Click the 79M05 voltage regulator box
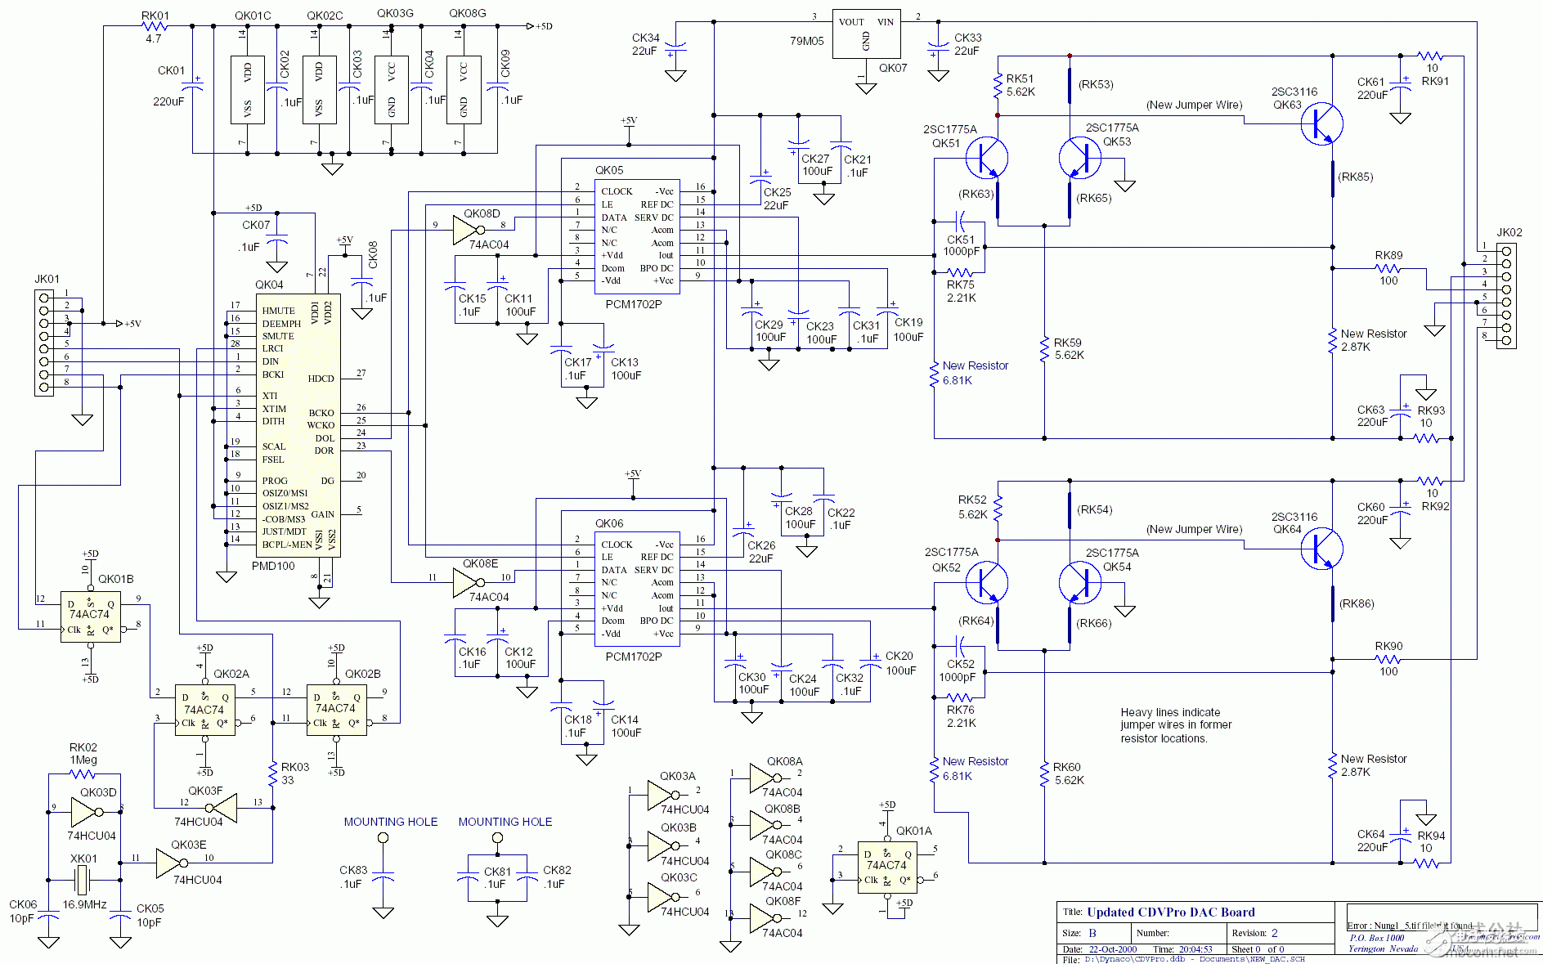pos(867,34)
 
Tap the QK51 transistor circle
pos(986,158)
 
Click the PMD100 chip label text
pos(273,566)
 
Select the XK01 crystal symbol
pos(83,881)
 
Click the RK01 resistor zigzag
pos(154,26)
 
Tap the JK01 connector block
pos(44,343)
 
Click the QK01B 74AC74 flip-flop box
pos(91,617)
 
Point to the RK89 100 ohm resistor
pos(1388,267)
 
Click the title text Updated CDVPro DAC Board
pos(1170,912)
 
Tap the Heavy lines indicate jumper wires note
pos(1176,725)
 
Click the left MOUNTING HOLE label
pos(390,822)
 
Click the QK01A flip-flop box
pos(886,867)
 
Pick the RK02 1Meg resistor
pos(83,773)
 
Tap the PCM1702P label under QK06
pos(633,657)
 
